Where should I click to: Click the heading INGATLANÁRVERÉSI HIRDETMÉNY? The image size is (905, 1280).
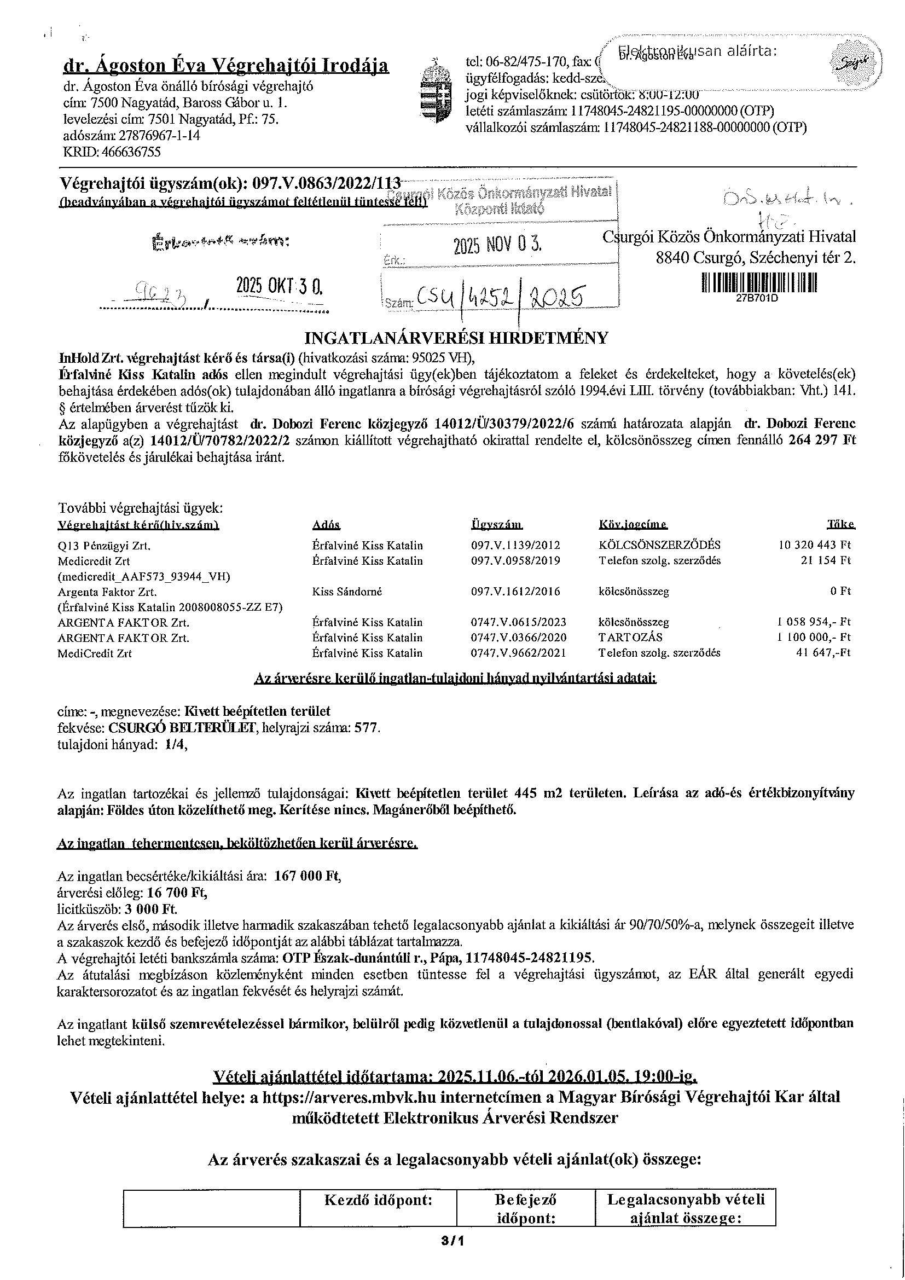coord(456,338)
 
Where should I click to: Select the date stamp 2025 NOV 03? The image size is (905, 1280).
coord(497,245)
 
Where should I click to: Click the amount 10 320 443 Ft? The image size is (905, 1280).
coord(814,545)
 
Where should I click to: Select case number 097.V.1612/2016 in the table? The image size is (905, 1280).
coord(515,592)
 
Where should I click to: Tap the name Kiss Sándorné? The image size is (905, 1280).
coord(347,592)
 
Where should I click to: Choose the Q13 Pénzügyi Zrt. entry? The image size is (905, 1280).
coord(104,546)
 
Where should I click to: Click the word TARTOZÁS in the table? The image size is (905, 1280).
coord(630,637)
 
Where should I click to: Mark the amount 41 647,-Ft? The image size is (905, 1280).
coord(823,653)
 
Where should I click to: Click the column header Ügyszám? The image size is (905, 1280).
coord(496,525)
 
